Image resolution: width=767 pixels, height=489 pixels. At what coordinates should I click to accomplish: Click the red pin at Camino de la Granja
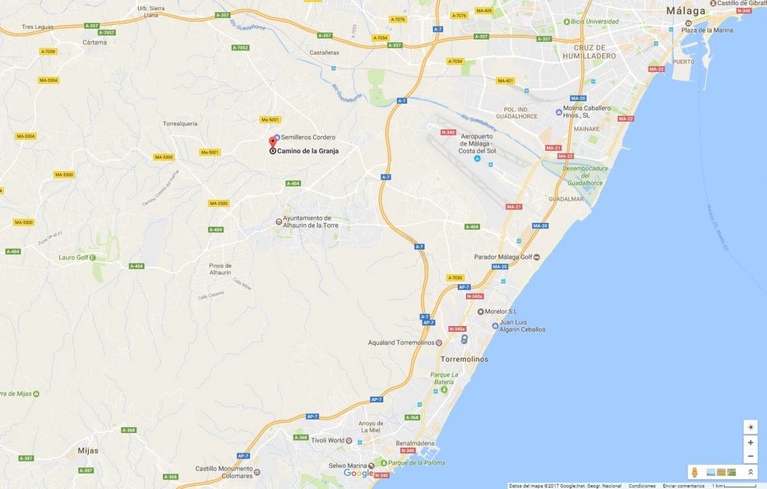coord(273,141)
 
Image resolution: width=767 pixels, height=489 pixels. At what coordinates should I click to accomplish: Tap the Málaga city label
coord(686,11)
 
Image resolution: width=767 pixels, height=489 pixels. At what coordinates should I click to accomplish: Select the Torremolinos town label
coord(464,359)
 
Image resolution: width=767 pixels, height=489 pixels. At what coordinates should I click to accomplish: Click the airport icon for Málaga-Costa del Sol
coord(477,159)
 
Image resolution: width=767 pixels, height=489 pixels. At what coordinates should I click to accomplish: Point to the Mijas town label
coord(88,451)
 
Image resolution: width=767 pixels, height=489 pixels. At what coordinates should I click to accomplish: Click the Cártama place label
coord(94,43)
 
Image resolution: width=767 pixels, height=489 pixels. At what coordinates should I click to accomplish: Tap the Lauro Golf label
coord(73,257)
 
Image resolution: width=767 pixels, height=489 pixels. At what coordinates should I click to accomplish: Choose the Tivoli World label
coord(327,441)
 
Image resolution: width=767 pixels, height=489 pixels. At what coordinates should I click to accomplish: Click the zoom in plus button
coord(750,443)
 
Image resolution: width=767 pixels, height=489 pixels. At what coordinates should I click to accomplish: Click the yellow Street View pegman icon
coord(695,472)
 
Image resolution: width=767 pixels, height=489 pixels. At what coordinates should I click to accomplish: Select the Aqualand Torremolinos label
coord(401,343)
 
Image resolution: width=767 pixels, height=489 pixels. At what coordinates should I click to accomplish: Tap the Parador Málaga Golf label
coord(503,257)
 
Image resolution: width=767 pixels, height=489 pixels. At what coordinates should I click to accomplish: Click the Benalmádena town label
coord(415,443)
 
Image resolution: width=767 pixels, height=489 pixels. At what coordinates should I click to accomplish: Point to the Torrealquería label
coord(180,124)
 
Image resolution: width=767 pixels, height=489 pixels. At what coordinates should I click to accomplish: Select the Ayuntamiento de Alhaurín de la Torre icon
coord(278,222)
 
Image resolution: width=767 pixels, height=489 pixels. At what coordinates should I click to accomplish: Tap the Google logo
coord(358,473)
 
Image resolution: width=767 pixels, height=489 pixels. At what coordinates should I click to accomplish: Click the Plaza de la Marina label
coord(707,30)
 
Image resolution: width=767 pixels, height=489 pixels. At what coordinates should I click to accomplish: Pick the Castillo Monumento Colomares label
coord(223,472)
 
